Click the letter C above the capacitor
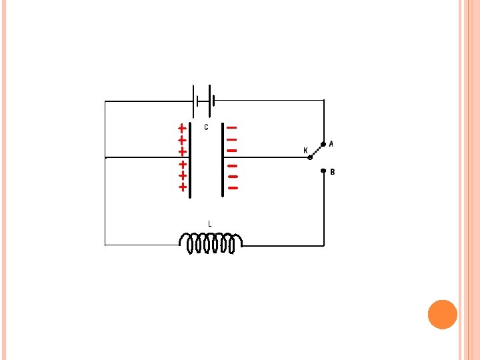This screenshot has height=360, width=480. tap(206, 127)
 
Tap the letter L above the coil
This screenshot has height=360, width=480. tap(210, 224)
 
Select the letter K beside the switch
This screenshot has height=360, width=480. tap(305, 151)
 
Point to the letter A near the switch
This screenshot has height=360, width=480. tap(331, 143)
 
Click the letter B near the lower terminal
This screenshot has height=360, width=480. tap(333, 172)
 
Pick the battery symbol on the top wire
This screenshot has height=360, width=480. tap(204, 101)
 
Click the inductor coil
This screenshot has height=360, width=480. tap(210, 243)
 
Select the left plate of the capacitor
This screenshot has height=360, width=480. tap(190, 160)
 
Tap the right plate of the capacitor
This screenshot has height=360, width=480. tap(223, 160)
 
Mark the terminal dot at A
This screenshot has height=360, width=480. tap(323, 144)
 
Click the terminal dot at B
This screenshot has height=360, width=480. tap(323, 171)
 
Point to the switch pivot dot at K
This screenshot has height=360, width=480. tap(310, 158)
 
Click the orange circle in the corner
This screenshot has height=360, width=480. tap(442, 314)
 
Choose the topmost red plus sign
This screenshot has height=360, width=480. tap(182, 127)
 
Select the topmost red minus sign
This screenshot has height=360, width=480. tap(231, 127)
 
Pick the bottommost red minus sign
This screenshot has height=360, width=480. tap(233, 188)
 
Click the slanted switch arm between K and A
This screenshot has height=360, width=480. tap(317, 151)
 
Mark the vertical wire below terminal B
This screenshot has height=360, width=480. tap(323, 210)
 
